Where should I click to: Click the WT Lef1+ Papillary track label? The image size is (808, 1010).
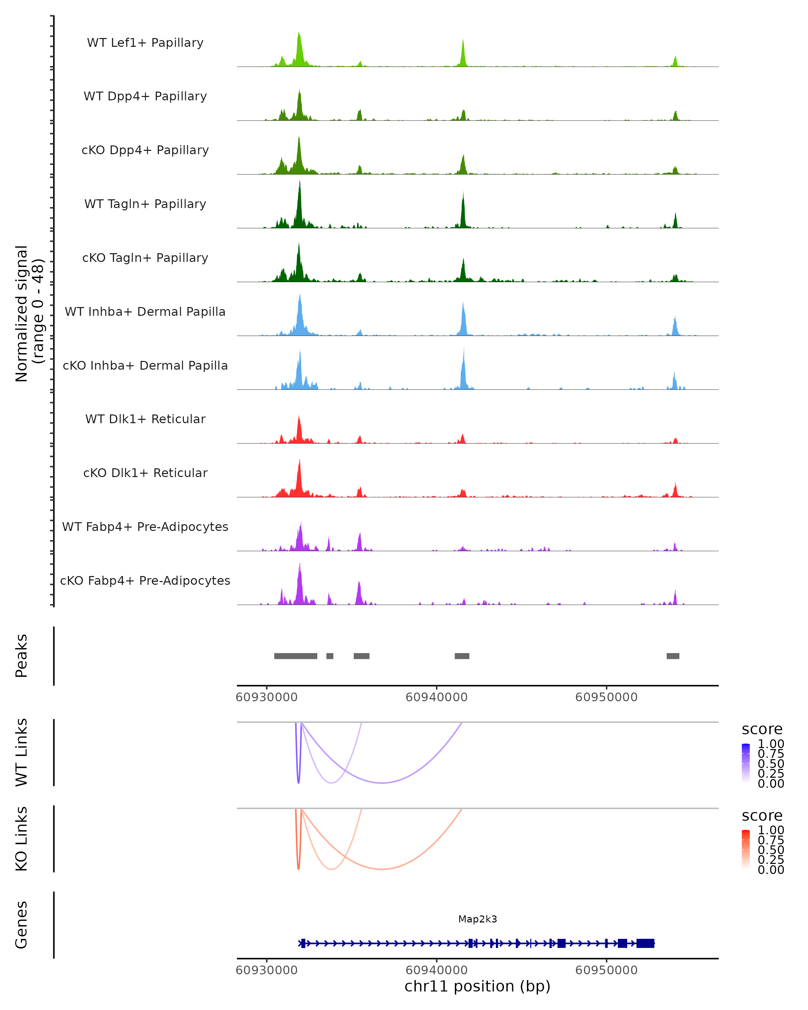[145, 43]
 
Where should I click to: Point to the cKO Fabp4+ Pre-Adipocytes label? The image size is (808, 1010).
[145, 580]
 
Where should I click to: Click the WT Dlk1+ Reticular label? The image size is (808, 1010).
[145, 419]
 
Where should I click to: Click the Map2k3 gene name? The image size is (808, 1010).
[477, 919]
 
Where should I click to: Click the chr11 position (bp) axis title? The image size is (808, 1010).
[477, 986]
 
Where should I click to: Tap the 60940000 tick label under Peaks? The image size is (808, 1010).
[436, 697]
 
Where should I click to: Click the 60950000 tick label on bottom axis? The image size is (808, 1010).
[606, 970]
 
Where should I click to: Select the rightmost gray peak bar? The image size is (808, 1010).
[673, 656]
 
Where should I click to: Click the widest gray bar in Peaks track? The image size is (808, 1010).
[296, 656]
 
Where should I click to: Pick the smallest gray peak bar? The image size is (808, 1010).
[330, 656]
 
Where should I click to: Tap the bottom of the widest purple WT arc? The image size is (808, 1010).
[382, 783]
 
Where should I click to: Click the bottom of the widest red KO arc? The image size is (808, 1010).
[382, 869]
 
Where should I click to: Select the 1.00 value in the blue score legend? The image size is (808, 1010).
[771, 744]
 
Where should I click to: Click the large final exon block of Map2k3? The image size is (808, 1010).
[645, 943]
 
